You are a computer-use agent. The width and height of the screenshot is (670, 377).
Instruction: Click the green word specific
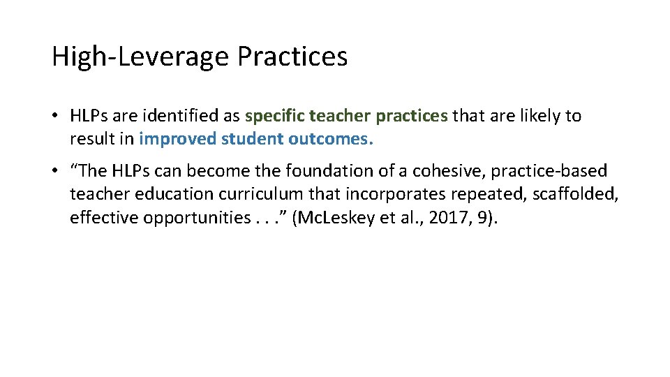point(274,116)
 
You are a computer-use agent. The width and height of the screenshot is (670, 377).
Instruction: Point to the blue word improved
point(177,139)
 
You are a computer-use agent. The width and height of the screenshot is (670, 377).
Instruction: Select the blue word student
point(252,139)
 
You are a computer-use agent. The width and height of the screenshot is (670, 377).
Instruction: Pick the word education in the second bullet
point(156,194)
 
